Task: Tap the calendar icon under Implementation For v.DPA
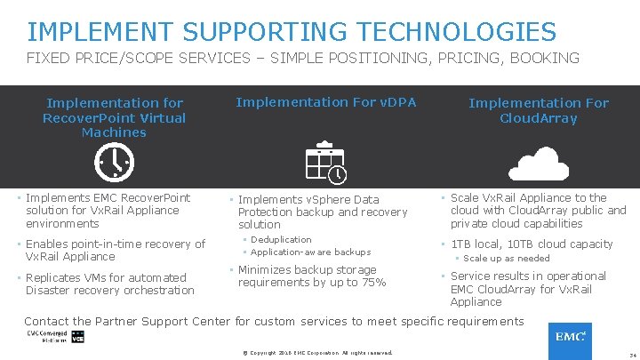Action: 326,161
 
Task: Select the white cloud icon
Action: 538,163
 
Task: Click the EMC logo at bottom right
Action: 570,339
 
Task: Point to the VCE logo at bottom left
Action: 77,339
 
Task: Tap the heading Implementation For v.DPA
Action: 325,103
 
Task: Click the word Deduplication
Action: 281,239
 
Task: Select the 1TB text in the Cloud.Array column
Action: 462,244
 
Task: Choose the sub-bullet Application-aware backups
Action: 310,252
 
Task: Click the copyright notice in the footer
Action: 317,353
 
